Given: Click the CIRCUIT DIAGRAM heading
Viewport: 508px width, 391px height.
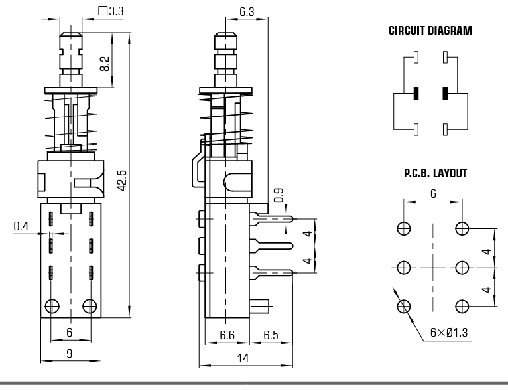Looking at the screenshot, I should pyautogui.click(x=430, y=31).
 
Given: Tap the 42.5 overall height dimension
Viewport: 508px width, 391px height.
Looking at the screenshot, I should pyautogui.click(x=122, y=179).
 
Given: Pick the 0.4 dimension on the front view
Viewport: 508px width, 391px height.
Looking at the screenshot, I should pyautogui.click(x=21, y=227).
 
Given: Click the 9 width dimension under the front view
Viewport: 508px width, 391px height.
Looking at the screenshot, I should pyautogui.click(x=70, y=354).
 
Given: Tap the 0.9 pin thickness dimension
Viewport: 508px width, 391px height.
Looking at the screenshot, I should pyautogui.click(x=279, y=196).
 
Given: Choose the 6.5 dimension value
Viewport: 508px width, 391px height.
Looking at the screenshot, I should pyautogui.click(x=271, y=335).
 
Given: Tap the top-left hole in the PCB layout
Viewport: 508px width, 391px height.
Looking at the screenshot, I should pyautogui.click(x=403, y=229).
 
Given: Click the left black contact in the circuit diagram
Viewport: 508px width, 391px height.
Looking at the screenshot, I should pyautogui.click(x=415, y=93).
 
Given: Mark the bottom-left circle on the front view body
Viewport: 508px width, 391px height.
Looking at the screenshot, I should pyautogui.click(x=52, y=306).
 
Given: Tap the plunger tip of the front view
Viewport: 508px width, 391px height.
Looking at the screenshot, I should pyautogui.click(x=70, y=34).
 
